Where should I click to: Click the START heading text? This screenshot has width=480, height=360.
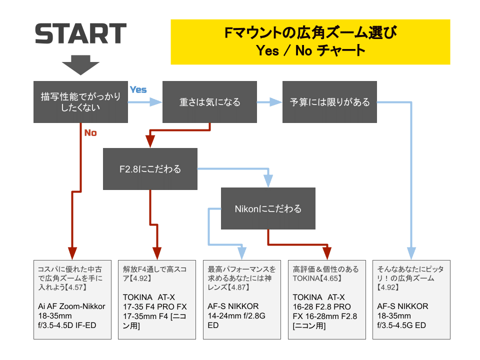pos(80,33)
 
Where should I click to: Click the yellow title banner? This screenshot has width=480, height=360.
pos(310,42)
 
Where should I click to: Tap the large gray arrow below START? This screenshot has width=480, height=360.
pos(80,63)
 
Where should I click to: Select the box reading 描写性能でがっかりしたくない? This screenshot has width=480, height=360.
pos(80,102)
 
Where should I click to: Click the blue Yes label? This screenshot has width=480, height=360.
pos(138,89)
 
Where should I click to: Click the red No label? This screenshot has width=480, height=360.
pos(90,133)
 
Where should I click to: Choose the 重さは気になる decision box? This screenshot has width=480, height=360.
pos(210,102)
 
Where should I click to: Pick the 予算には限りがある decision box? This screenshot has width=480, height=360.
pos(329,102)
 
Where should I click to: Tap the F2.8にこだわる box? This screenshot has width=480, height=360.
pos(150,169)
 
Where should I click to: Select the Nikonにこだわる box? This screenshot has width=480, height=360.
pos(268,208)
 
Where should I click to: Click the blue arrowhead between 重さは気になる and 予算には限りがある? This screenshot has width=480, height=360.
pos(276,102)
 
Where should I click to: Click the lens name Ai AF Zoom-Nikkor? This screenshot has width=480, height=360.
pos(71,306)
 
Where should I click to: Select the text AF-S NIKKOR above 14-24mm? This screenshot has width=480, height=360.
pos(233,306)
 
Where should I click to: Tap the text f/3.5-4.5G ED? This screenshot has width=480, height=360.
pos(402,325)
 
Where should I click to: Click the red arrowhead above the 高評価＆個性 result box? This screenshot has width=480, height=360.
pos(327,251)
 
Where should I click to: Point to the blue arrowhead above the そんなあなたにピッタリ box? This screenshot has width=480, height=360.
pos(412,251)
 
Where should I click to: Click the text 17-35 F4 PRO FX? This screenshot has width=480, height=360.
pos(154,306)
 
